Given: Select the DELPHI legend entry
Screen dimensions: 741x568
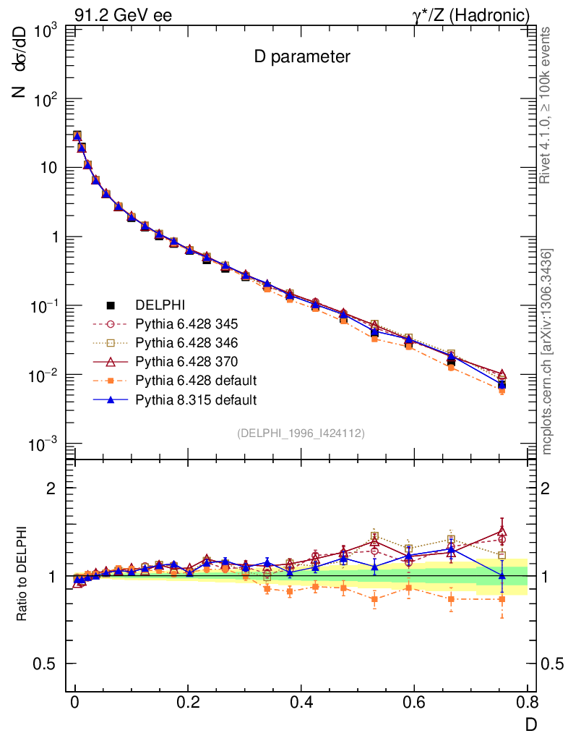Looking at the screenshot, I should (x=155, y=305).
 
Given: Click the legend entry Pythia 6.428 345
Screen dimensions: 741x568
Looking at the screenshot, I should (x=186, y=323).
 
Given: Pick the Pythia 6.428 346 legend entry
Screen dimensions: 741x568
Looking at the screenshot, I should (x=186, y=342).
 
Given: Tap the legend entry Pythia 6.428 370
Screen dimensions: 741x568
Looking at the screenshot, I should (x=186, y=361).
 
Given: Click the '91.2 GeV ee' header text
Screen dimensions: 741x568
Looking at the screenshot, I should (x=123, y=15).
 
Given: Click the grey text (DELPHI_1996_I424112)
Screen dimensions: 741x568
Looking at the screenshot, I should (x=300, y=433).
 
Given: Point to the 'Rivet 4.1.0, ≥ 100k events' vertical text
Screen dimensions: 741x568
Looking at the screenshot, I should (x=546, y=105).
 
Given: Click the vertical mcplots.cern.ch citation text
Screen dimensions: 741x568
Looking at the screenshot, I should (x=546, y=351).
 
